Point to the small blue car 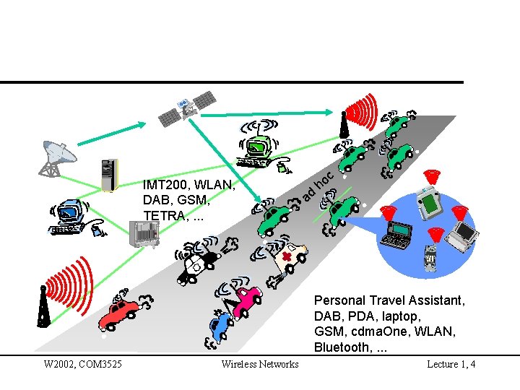click(x=219, y=326)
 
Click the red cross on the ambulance click(x=287, y=257)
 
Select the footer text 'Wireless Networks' click(x=259, y=364)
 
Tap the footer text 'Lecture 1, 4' click(x=451, y=364)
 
